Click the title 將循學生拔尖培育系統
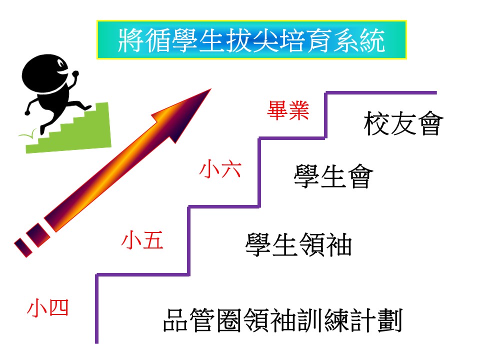pyautogui.click(x=251, y=40)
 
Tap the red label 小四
pyautogui.click(x=47, y=307)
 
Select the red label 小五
pyautogui.click(x=142, y=240)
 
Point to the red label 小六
pyautogui.click(x=220, y=169)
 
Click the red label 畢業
pyautogui.click(x=288, y=110)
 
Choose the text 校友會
pyautogui.click(x=403, y=123)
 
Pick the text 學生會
pyautogui.click(x=333, y=176)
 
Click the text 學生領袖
pyautogui.click(x=298, y=244)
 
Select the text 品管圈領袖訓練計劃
pyautogui.click(x=282, y=320)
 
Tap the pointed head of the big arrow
pyautogui.click(x=210, y=89)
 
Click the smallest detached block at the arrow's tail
pyautogui.click(x=23, y=247)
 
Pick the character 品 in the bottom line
pyautogui.click(x=175, y=320)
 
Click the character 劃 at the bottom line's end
pyautogui.click(x=390, y=320)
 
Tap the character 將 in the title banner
pyautogui.click(x=130, y=40)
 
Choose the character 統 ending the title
pyautogui.click(x=372, y=40)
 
